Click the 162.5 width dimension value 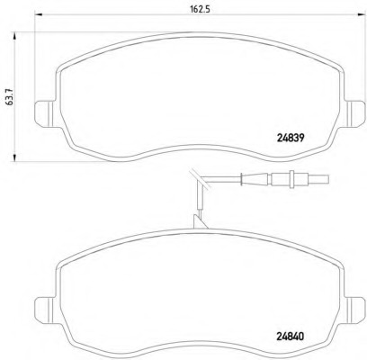tap(200, 9)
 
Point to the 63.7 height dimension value tap(11, 97)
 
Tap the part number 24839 tap(290, 138)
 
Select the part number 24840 tap(290, 337)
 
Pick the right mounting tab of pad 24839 tap(355, 113)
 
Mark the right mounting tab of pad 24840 tap(355, 310)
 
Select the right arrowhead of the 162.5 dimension tap(362, 14)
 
